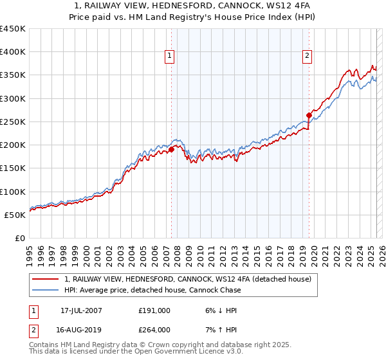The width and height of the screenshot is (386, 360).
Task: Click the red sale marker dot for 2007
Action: coord(172,149)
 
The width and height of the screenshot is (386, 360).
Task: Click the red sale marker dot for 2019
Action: coord(309,116)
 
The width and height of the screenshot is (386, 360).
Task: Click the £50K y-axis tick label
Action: coord(15,215)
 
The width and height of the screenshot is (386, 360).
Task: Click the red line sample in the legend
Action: coord(46,279)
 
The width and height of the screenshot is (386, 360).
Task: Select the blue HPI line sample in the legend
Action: coord(46,290)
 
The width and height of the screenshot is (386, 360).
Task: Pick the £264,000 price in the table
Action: coord(154,330)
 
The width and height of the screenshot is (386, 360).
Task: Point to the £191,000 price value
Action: coord(154,310)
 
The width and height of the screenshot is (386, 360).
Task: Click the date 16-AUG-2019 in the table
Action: coord(81,330)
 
